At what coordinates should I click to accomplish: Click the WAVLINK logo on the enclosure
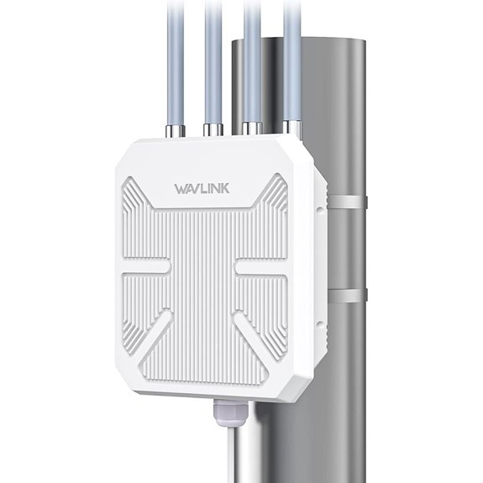(x=205, y=186)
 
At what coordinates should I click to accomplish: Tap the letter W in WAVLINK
(x=179, y=186)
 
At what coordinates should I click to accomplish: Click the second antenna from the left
(x=210, y=59)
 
